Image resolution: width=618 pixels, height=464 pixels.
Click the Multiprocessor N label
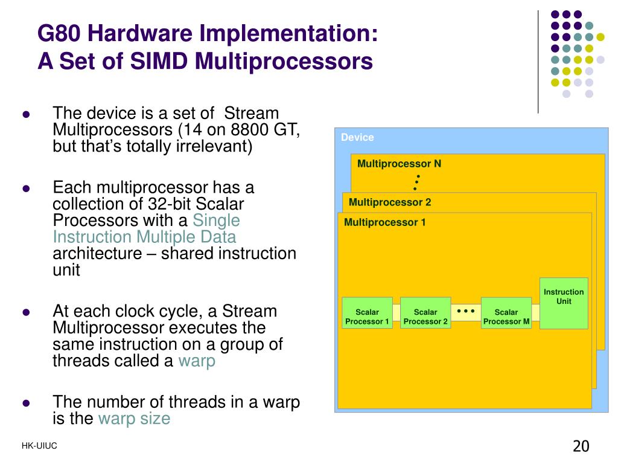click(399, 164)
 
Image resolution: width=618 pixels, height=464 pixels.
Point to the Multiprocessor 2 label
click(390, 202)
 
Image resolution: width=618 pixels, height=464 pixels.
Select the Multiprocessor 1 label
click(384, 222)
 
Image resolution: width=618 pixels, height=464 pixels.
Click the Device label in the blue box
click(357, 137)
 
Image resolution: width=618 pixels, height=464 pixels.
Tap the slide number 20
click(581, 446)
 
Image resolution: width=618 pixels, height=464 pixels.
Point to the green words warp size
click(134, 418)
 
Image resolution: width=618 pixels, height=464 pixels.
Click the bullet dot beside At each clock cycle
click(26, 313)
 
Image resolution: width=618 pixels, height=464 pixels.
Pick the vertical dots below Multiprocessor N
click(416, 182)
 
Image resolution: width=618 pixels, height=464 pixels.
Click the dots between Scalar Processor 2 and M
click(466, 311)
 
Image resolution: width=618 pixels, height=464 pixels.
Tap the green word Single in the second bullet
click(216, 221)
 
